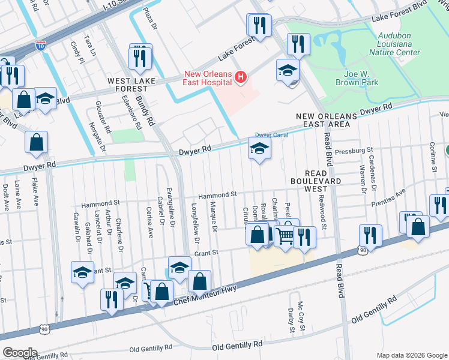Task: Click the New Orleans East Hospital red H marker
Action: click(x=241, y=77)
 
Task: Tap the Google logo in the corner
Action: click(x=20, y=352)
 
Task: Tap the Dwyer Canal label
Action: click(x=272, y=135)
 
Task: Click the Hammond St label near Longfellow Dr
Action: click(x=218, y=195)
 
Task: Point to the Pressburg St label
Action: click(x=354, y=151)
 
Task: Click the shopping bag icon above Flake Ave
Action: click(x=36, y=142)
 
